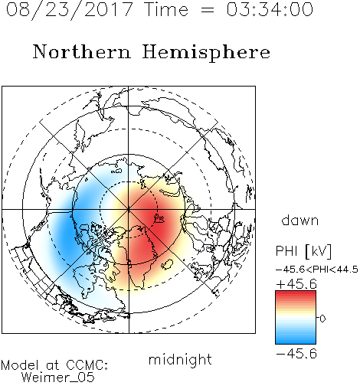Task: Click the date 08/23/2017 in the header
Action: (69, 10)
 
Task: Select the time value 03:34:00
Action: (270, 9)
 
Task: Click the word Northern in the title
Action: (82, 51)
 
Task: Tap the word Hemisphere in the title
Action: (206, 53)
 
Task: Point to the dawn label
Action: (300, 220)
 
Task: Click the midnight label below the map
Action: (180, 360)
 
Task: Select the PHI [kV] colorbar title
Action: (303, 251)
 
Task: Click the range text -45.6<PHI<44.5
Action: (317, 270)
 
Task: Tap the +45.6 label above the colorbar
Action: (296, 284)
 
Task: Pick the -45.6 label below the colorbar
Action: (296, 354)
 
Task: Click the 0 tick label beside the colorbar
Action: (322, 319)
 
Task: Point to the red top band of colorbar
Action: (296, 294)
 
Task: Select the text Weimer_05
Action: (57, 378)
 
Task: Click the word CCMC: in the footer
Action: (87, 365)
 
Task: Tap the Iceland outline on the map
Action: (167, 264)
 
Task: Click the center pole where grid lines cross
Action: (129, 210)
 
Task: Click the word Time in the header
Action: (166, 10)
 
